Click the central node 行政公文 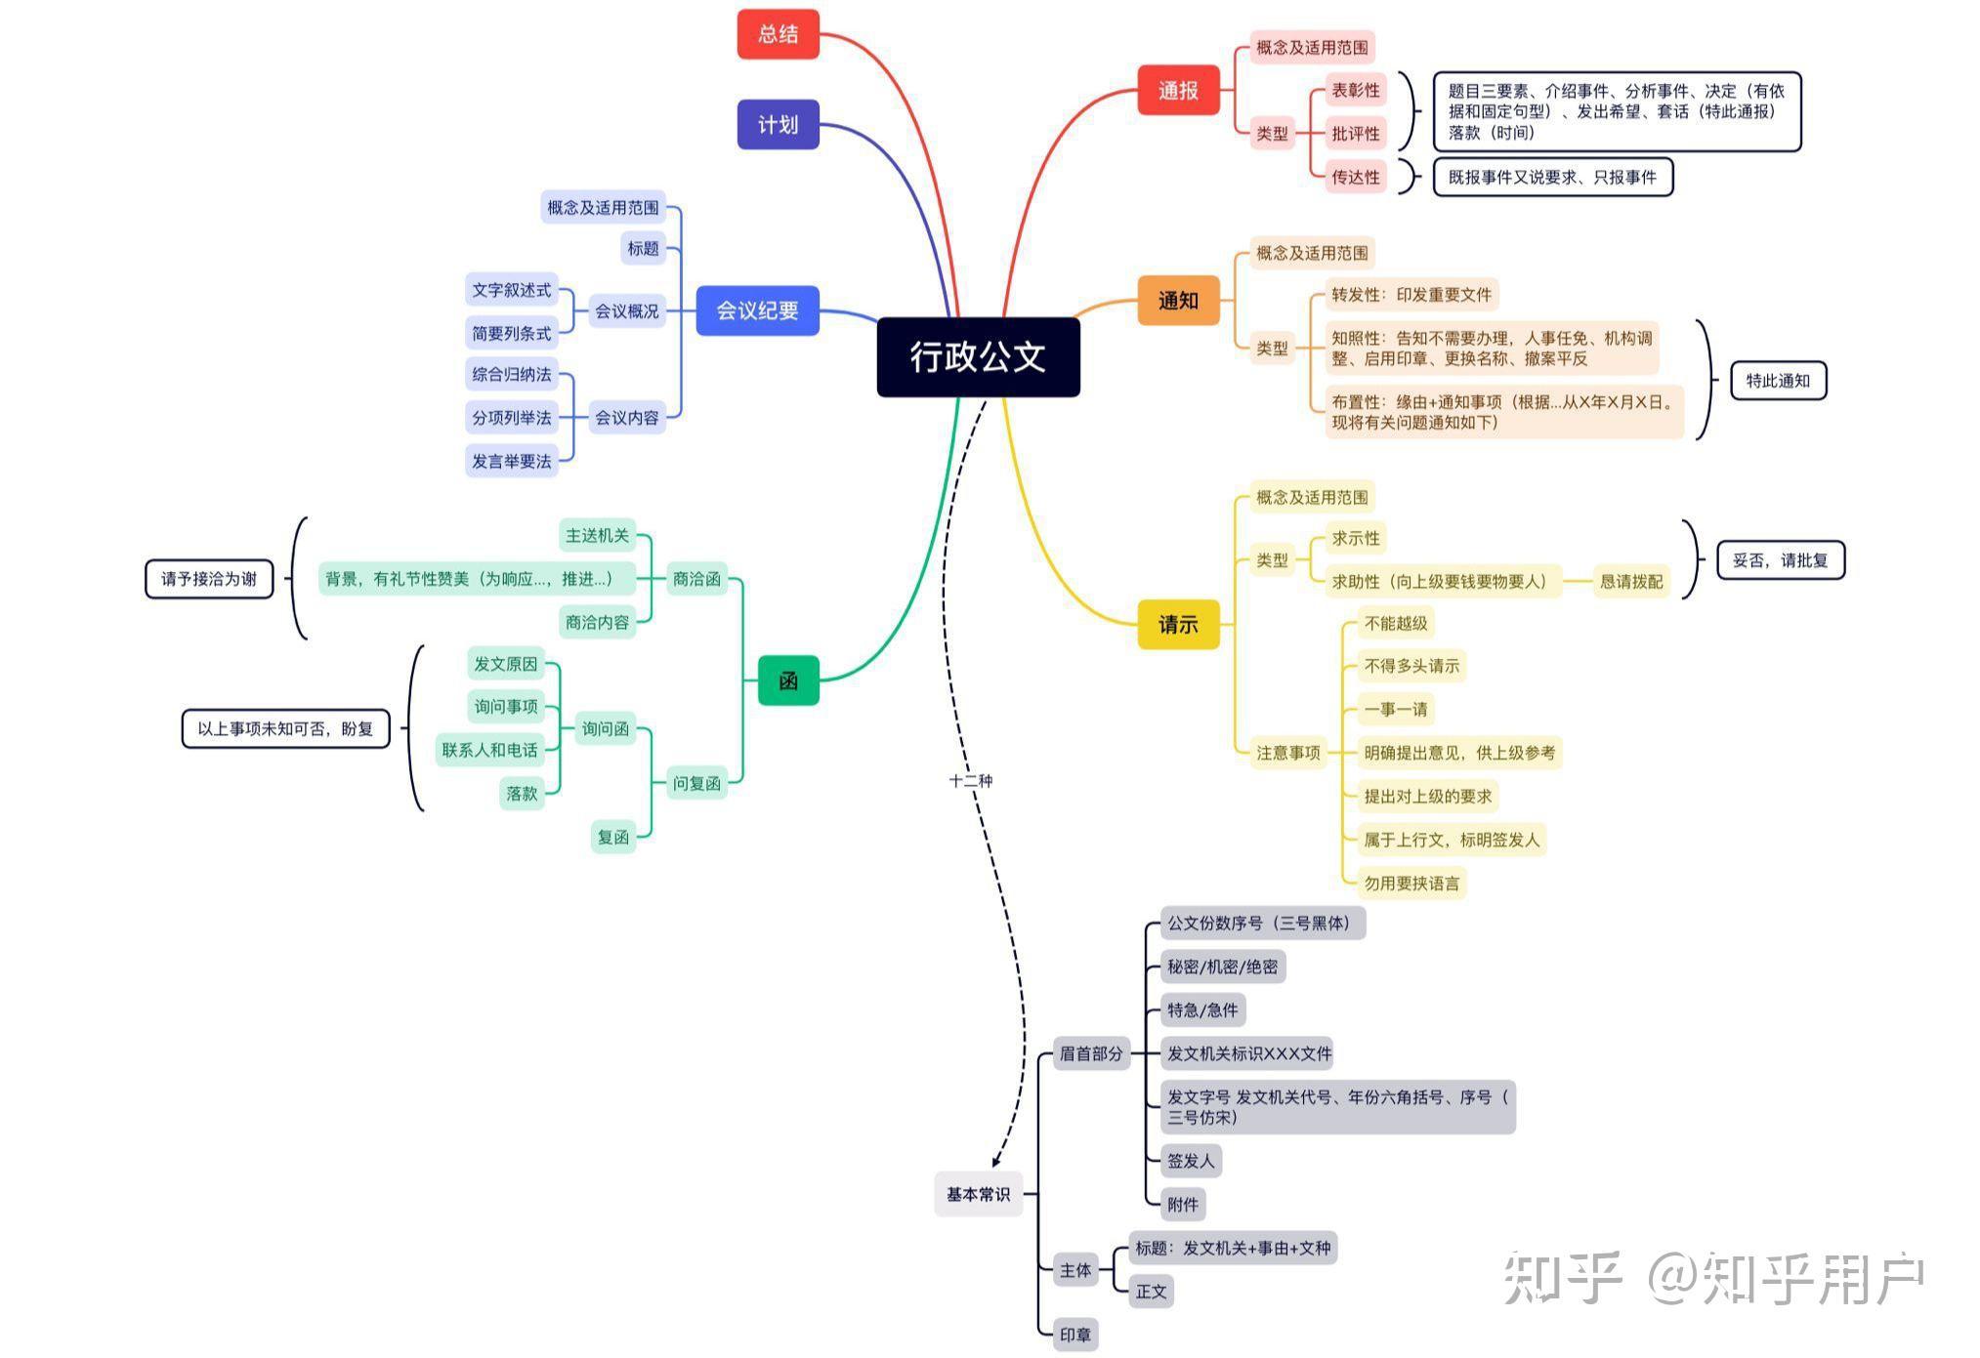pyautogui.click(x=978, y=356)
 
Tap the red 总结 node pyautogui.click(x=778, y=34)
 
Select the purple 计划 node pyautogui.click(x=778, y=124)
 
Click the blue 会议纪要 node pyautogui.click(x=757, y=310)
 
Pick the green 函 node pyautogui.click(x=788, y=680)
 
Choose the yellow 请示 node pyautogui.click(x=1178, y=624)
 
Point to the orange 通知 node pyautogui.click(x=1178, y=300)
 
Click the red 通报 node pyautogui.click(x=1178, y=91)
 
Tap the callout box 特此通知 pyautogui.click(x=1778, y=381)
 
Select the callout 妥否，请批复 pyautogui.click(x=1780, y=560)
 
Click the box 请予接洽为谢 pyautogui.click(x=209, y=579)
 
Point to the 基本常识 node pyautogui.click(x=978, y=1194)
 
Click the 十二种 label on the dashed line pyautogui.click(x=971, y=781)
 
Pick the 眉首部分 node pyautogui.click(x=1091, y=1053)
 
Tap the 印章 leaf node pyautogui.click(x=1075, y=1335)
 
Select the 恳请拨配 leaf pyautogui.click(x=1630, y=582)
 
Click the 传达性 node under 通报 pyautogui.click(x=1356, y=177)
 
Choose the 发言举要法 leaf pyautogui.click(x=512, y=461)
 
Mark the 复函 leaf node pyautogui.click(x=613, y=837)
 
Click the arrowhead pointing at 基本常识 pyautogui.click(x=995, y=1161)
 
